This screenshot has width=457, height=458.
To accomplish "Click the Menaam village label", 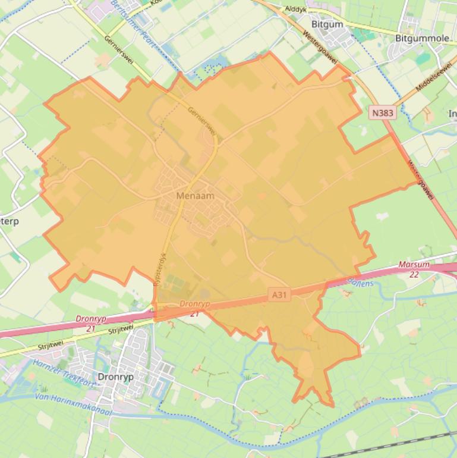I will click(x=195, y=196).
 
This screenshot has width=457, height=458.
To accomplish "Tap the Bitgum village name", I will click(x=327, y=24).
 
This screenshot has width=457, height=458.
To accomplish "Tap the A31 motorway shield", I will click(x=279, y=294).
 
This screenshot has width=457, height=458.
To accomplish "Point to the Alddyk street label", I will click(x=295, y=9).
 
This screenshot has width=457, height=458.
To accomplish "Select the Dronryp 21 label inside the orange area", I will click(x=194, y=308).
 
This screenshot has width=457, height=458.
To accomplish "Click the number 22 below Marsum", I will click(x=414, y=274).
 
